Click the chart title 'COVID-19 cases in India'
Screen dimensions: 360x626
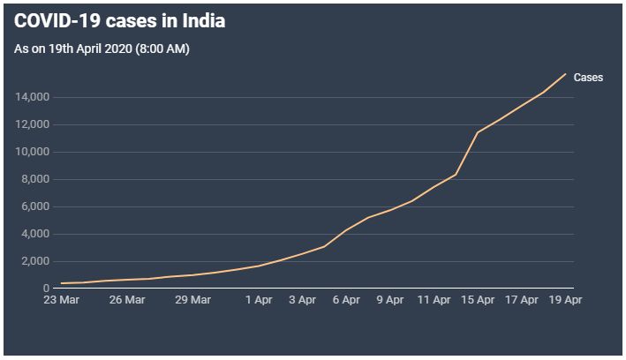point(119,21)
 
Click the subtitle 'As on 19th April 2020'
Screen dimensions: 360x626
point(102,49)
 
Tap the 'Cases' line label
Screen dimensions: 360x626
point(588,78)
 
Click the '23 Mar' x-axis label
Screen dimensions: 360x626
point(61,300)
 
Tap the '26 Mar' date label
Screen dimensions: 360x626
point(127,300)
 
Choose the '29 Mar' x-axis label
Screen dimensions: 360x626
point(192,300)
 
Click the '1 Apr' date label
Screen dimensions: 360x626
point(258,300)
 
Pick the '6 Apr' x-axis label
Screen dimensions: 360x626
point(346,300)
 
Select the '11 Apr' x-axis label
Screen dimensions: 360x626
point(434,300)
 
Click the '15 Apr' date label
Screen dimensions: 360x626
point(478,300)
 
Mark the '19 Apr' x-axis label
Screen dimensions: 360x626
point(565,300)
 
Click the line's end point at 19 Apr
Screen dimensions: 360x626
point(565,73)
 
